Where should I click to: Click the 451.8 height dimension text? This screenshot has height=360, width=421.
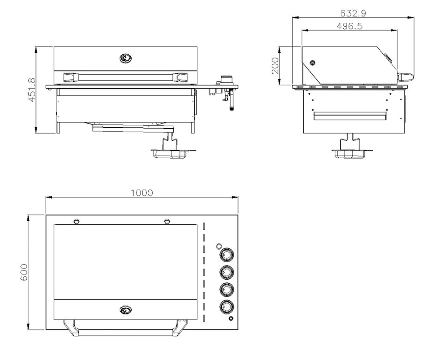click(x=32, y=90)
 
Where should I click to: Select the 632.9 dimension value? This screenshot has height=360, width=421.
click(x=353, y=13)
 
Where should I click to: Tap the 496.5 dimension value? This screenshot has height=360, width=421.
click(x=349, y=26)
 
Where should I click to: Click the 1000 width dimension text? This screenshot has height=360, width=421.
click(x=142, y=193)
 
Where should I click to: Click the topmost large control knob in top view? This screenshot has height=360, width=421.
click(x=227, y=254)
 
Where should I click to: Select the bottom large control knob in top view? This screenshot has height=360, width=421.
click(x=227, y=306)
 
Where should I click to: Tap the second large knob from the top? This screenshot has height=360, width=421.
click(x=227, y=271)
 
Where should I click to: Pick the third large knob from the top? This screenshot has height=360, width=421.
click(x=227, y=289)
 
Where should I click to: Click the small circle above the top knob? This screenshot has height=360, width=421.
click(x=219, y=246)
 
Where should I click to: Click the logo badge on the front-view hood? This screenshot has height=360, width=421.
click(x=125, y=59)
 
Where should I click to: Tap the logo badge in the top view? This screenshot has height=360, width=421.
click(x=125, y=310)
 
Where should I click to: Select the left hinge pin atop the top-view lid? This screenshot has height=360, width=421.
click(x=76, y=221)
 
